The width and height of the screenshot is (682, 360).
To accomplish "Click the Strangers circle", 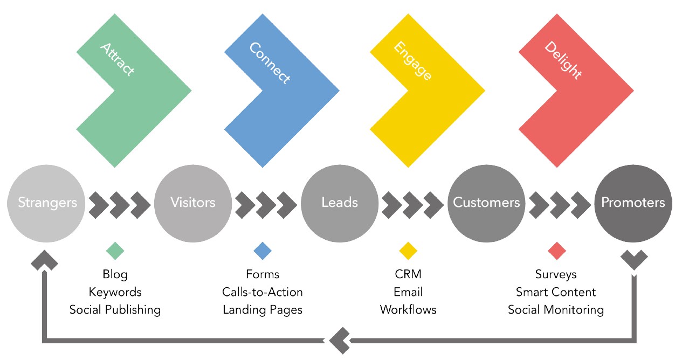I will point(47,203).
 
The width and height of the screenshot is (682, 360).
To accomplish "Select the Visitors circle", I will point(193,203).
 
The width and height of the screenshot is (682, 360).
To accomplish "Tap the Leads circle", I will point(340,203).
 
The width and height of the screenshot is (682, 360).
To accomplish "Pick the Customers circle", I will point(486,203).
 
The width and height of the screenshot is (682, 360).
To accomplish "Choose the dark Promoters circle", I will point(633,203).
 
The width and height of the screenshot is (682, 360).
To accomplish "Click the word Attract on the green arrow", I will point(117,59).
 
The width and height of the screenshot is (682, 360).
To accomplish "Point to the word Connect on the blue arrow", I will point(270,63).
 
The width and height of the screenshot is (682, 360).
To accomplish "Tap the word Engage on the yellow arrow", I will point(412,61).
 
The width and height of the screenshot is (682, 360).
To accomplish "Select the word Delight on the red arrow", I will point(563,61).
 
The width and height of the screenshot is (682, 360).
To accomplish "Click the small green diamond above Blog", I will point(115,251).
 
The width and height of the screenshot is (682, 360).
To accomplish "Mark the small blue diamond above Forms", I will point(263,251).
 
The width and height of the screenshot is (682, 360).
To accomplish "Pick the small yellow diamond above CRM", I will point(408,251).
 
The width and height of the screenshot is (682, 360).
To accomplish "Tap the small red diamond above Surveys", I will point(556,251).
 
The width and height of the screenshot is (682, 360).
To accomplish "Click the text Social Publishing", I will point(115,310).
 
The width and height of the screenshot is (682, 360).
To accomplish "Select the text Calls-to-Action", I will point(263,292).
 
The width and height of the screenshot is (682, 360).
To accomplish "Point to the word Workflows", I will point(408,310).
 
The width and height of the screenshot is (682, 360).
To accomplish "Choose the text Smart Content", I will point(556,292).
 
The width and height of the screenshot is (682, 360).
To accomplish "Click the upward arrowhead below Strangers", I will point(44,260).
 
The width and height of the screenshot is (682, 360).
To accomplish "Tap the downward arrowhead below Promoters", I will point(634,260).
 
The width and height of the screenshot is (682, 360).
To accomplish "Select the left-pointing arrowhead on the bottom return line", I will point(339,341).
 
